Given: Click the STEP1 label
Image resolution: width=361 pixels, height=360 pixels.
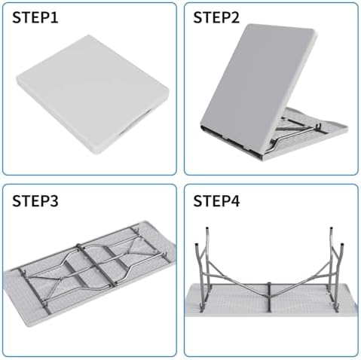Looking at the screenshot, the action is pos(35,18).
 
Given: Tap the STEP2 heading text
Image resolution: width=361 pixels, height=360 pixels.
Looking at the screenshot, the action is pos(216,18).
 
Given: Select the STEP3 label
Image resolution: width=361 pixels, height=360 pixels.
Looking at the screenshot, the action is pos(35,201).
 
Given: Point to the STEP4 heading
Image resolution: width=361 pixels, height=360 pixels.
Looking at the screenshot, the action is pos(216,201).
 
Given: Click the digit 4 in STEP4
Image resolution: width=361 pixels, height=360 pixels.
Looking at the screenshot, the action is pos(235,201).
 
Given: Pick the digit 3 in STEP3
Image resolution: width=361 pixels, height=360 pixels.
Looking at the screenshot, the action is pos(54,201).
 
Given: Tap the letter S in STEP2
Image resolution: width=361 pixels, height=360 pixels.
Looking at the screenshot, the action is pos(197,18).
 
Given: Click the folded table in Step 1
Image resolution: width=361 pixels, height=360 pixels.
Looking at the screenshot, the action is pos(93,93).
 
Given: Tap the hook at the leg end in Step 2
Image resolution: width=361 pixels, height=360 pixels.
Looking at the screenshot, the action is pos(319,126).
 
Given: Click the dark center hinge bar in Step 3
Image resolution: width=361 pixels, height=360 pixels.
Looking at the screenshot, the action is pos(96,265).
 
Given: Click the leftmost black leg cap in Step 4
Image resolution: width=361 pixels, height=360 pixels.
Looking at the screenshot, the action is pos(197,246).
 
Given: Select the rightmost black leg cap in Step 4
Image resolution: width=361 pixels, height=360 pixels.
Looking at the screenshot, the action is pos(342,246).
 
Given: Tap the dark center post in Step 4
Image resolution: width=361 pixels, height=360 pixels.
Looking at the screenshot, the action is pos(269,297).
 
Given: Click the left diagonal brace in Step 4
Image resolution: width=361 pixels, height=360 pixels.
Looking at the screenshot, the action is pos(237,279).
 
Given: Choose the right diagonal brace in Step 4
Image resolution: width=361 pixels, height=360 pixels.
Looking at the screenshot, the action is pos(301,279).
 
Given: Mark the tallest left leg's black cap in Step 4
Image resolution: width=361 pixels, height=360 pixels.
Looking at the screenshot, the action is pos(207,229).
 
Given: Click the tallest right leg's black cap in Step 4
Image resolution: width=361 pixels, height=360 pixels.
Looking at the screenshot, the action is pos(331,229).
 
